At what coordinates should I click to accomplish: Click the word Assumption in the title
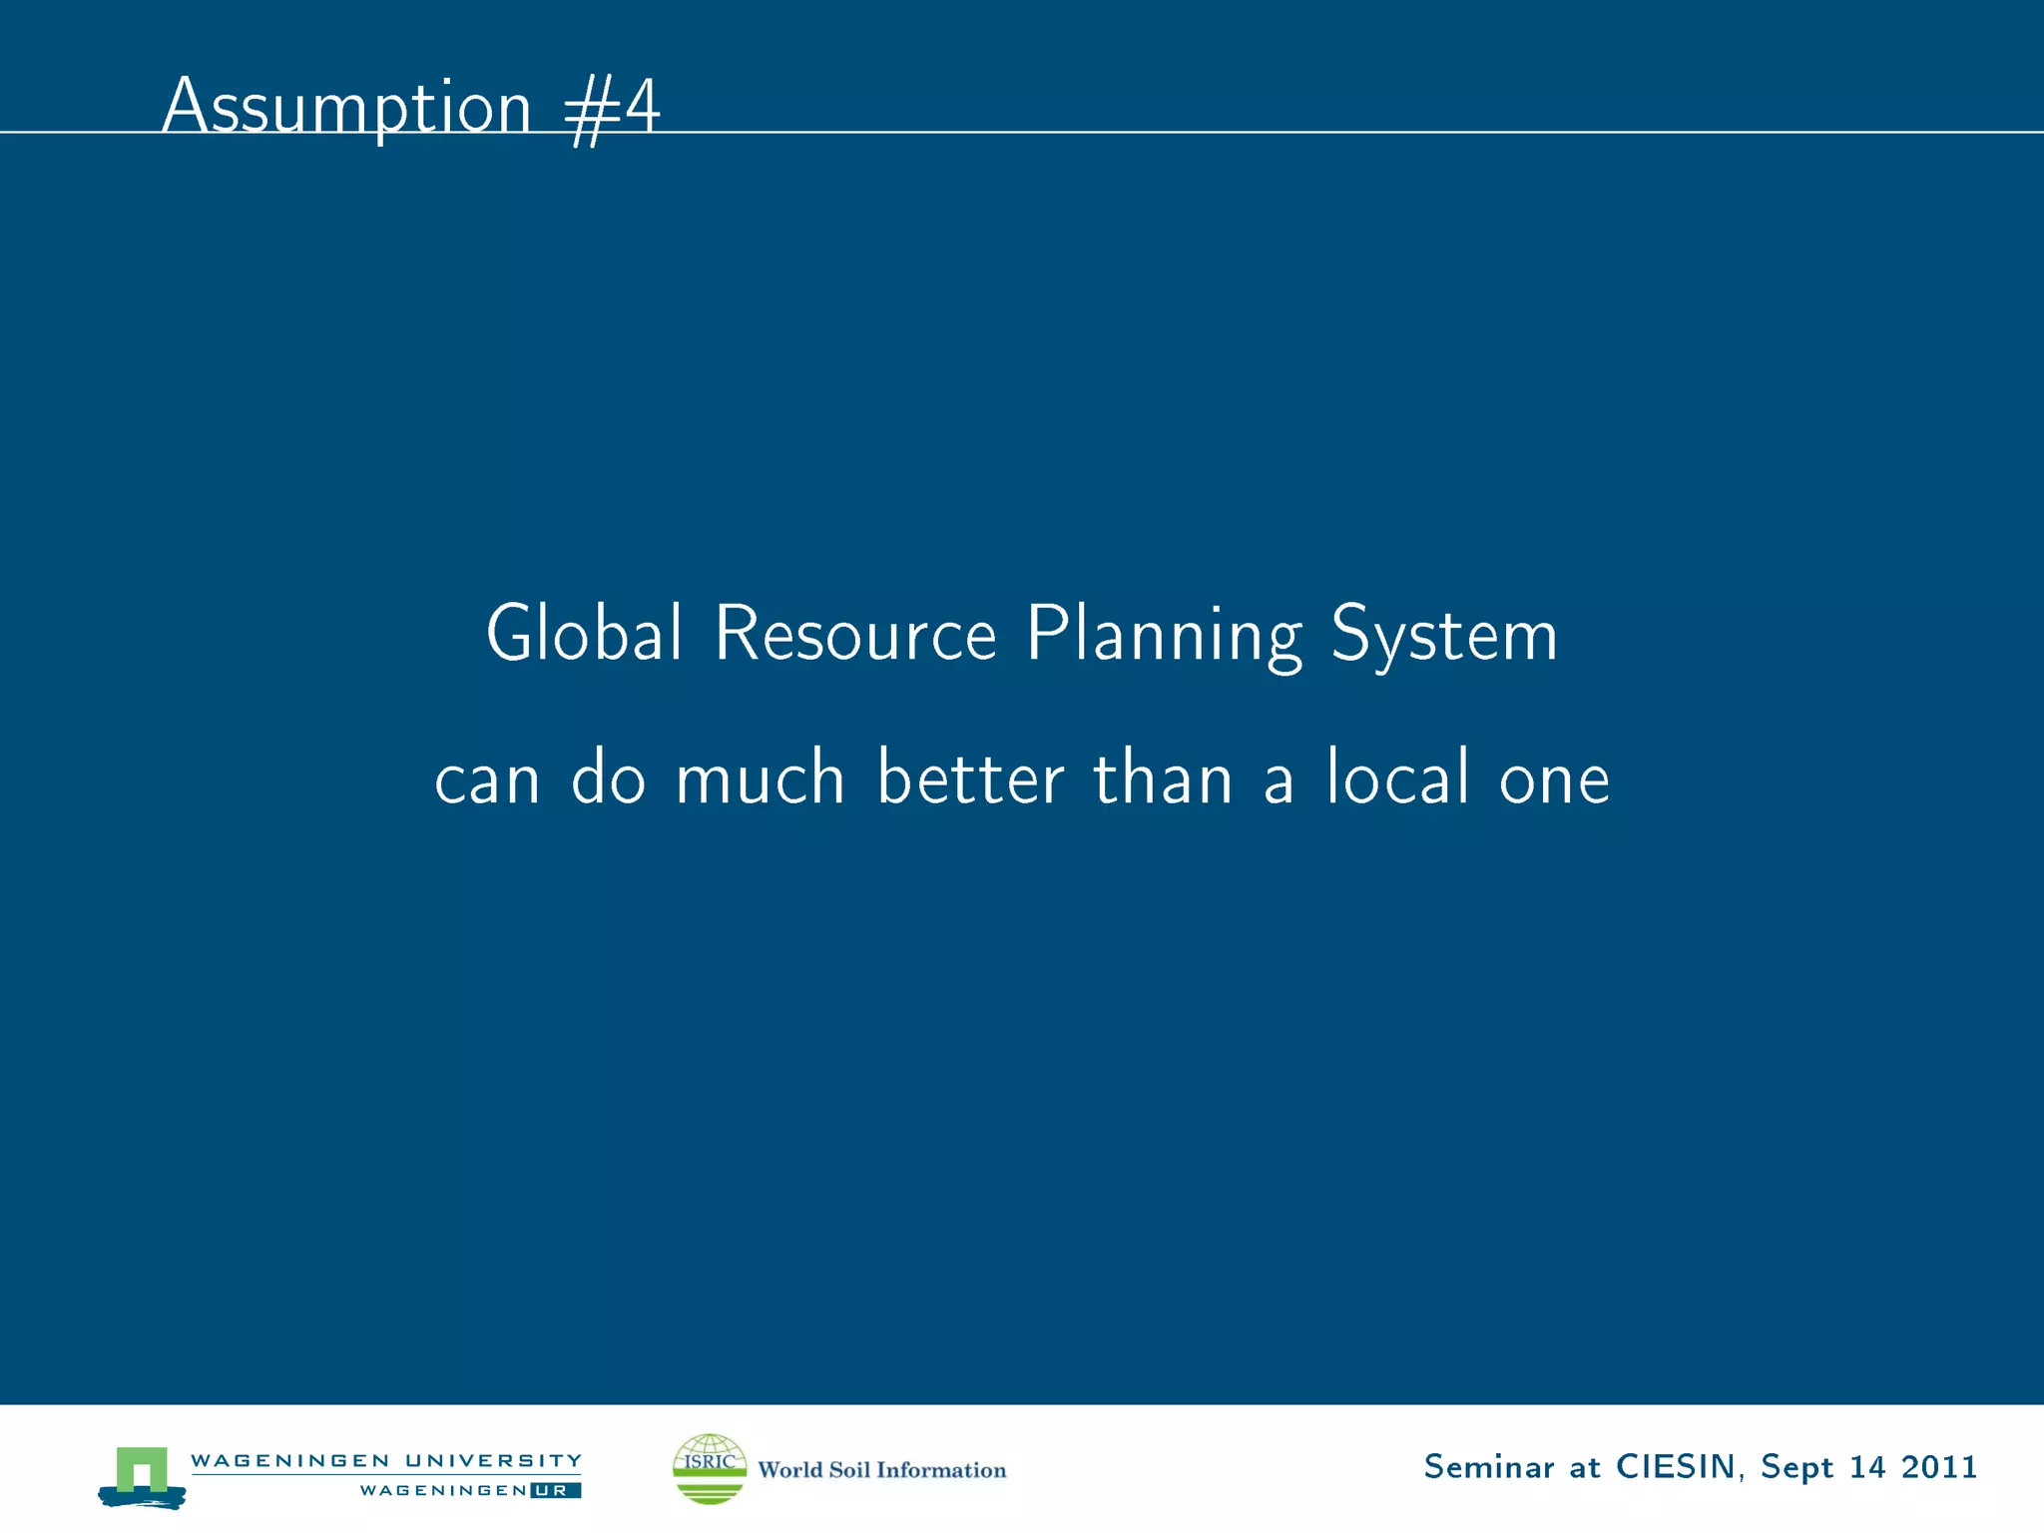click(x=346, y=108)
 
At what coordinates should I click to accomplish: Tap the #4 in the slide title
click(x=612, y=110)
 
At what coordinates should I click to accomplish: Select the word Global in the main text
click(x=584, y=634)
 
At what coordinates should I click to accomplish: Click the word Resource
click(x=855, y=635)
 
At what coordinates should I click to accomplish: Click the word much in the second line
click(x=760, y=778)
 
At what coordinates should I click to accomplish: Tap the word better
click(x=970, y=777)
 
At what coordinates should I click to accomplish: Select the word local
click(x=1397, y=777)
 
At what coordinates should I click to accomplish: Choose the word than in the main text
click(x=1163, y=777)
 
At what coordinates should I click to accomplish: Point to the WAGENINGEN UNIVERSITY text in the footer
click(x=385, y=1461)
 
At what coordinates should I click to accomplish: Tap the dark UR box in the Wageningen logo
click(x=556, y=1491)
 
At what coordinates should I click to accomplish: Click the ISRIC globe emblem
click(x=710, y=1468)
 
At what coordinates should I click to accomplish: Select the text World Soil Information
click(x=882, y=1470)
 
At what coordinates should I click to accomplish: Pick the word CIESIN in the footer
click(x=1676, y=1467)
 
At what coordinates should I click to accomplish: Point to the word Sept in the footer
click(x=1796, y=1468)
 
